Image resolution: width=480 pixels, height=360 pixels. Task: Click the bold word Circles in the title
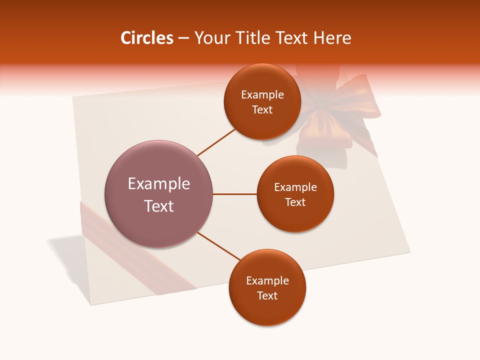coord(147,38)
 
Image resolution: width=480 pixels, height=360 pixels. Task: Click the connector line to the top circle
coord(216,142)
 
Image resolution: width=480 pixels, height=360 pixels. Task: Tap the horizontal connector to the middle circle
coord(234,194)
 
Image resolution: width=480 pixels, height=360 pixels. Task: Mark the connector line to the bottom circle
coord(219,245)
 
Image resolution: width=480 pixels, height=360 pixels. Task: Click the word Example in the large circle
coord(158,184)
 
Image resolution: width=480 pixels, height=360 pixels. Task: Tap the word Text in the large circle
coord(158,206)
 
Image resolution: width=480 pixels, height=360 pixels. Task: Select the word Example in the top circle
coord(262,95)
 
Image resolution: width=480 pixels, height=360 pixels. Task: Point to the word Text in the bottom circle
coord(267,295)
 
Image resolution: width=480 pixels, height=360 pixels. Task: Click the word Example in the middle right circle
coord(295,187)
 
